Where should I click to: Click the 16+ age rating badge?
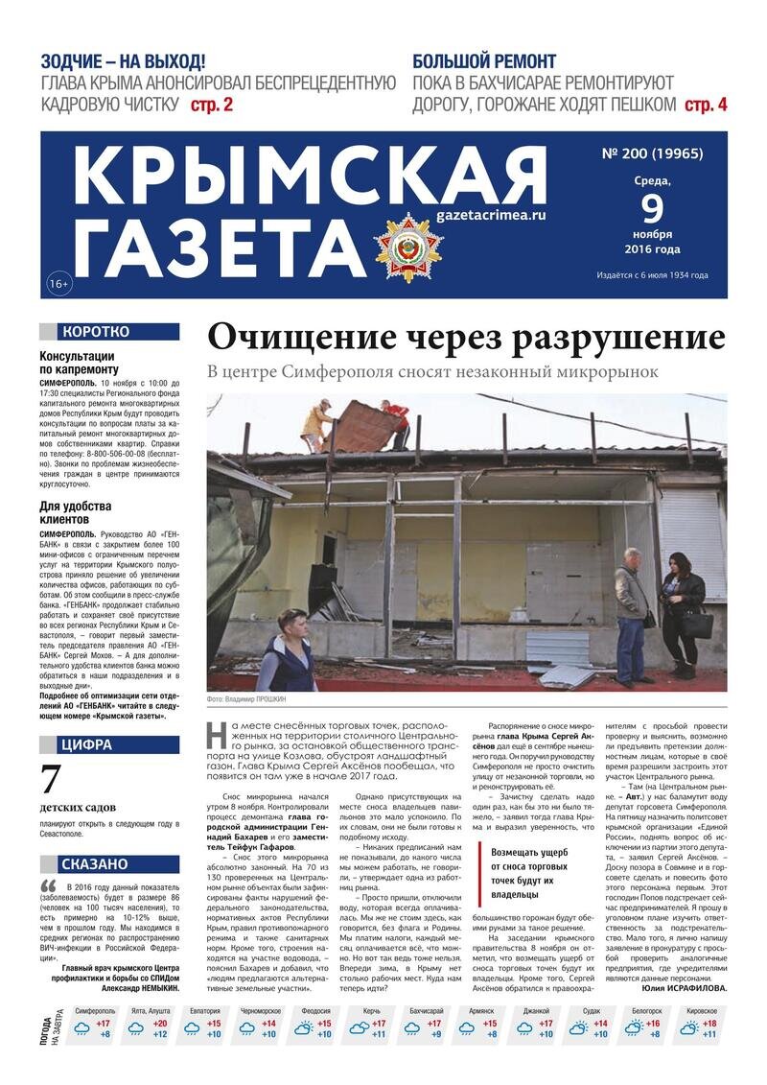click(x=58, y=283)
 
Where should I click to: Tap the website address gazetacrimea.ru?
click(x=490, y=216)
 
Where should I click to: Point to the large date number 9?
click(x=652, y=207)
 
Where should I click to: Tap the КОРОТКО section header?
click(x=108, y=332)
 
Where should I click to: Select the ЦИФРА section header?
click(x=108, y=743)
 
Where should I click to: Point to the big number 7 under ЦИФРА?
click(x=52, y=782)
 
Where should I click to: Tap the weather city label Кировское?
click(x=702, y=1011)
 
